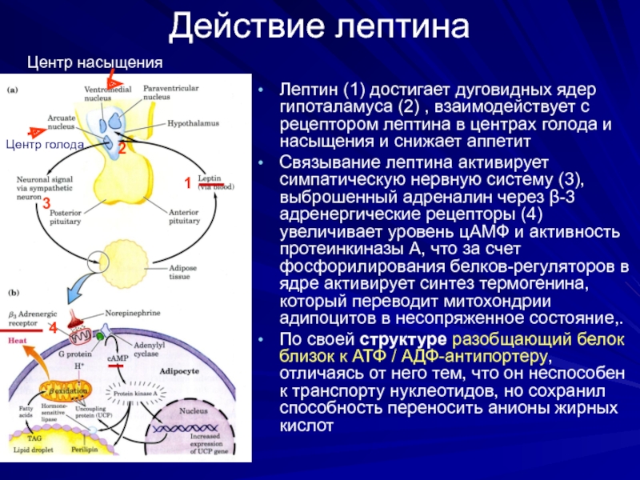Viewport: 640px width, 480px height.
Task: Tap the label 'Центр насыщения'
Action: [x=95, y=62]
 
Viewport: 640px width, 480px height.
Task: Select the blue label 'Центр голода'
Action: [x=45, y=145]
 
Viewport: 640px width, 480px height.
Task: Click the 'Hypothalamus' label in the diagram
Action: [x=191, y=125]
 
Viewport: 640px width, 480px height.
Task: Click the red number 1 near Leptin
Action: [x=187, y=183]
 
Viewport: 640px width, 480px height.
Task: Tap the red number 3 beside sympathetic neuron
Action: [x=46, y=202]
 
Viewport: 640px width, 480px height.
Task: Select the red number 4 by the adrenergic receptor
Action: [x=53, y=329]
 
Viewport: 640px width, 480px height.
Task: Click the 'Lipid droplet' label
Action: [x=34, y=450]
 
